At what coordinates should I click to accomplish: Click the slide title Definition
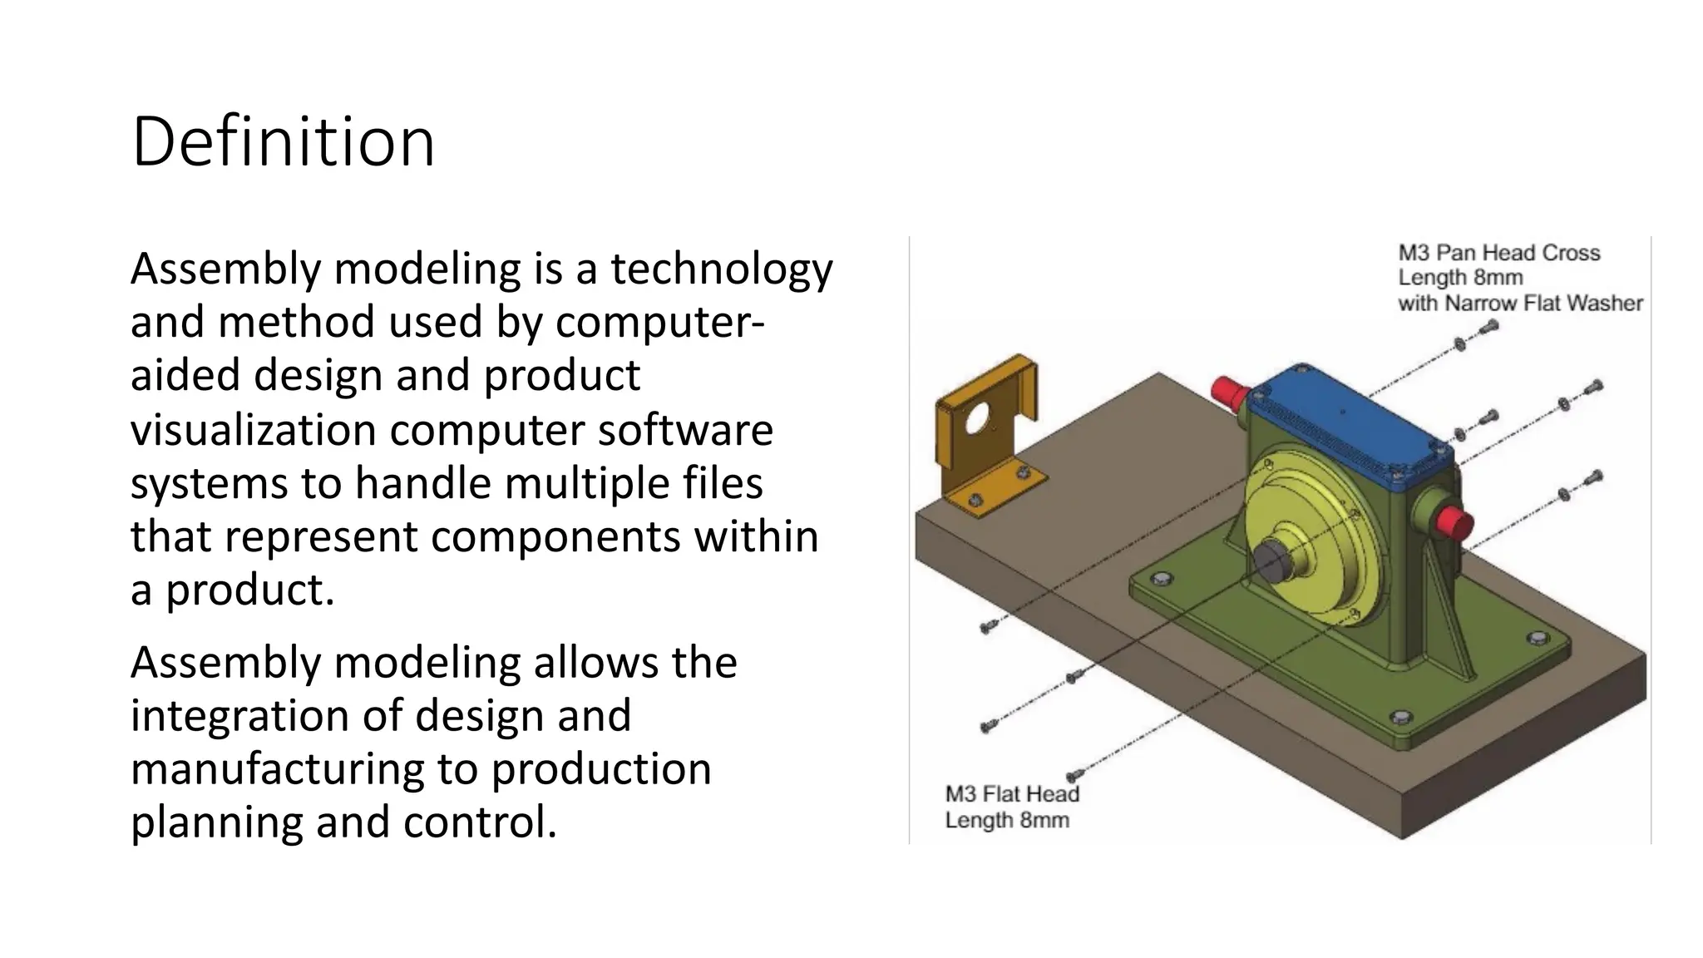click(283, 143)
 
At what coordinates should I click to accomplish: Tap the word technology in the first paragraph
click(721, 269)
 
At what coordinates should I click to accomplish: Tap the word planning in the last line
click(216, 822)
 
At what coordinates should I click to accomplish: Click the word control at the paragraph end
click(480, 822)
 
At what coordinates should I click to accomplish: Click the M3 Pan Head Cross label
click(1498, 253)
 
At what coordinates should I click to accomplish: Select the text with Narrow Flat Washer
click(1520, 304)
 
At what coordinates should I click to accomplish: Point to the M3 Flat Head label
click(1012, 794)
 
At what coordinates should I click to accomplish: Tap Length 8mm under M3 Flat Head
click(1007, 821)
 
